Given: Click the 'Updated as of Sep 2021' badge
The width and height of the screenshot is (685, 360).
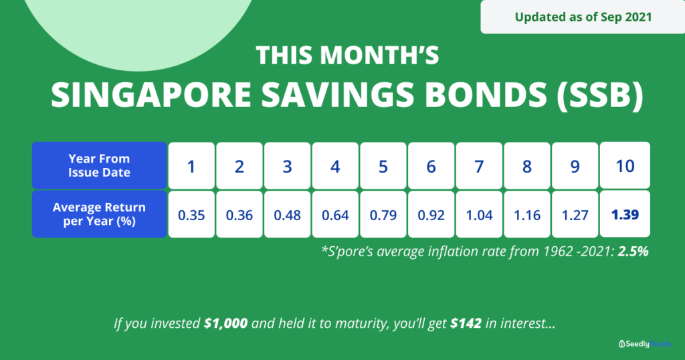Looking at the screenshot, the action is click(x=583, y=17).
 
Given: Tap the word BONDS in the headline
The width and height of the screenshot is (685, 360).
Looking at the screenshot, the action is click(x=486, y=95).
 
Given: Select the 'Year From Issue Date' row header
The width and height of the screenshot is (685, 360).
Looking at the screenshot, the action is click(x=99, y=165).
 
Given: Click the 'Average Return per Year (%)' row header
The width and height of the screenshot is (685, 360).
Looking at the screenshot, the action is click(x=99, y=214).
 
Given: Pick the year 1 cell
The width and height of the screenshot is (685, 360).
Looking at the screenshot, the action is click(x=191, y=165).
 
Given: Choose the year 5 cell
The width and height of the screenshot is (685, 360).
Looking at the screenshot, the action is click(x=383, y=165).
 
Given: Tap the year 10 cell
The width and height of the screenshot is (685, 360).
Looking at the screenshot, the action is click(x=625, y=165).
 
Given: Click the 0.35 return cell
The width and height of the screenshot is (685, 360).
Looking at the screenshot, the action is click(x=191, y=214).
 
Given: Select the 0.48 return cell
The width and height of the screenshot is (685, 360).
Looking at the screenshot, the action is click(x=288, y=214).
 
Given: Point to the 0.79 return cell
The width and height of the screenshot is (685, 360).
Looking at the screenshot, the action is click(x=383, y=214).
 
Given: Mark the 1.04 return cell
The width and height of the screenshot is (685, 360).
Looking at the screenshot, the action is click(x=479, y=214).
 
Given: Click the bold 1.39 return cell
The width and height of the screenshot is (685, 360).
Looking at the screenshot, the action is click(x=625, y=213).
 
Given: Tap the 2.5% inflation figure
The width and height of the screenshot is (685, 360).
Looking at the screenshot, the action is click(x=633, y=251).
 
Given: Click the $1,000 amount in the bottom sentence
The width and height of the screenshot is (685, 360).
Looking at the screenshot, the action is click(x=226, y=323).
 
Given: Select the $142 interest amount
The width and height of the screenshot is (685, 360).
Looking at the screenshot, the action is click(x=466, y=323).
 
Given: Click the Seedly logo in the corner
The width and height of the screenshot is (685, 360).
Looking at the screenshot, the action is click(x=645, y=344).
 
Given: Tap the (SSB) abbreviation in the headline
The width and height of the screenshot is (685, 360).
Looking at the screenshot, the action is click(x=600, y=95).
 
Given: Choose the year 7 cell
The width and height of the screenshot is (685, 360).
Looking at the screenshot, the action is click(x=479, y=165).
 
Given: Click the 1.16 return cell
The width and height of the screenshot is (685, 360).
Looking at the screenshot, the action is click(x=527, y=214).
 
